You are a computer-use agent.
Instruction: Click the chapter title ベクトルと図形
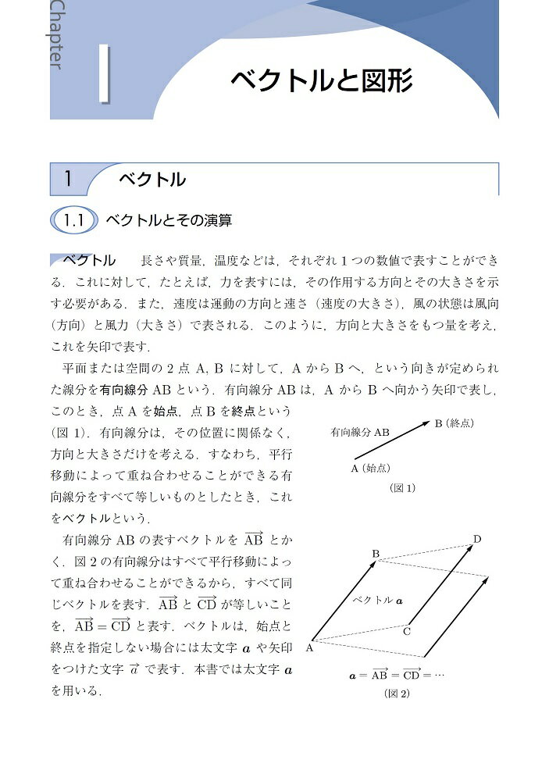(320, 80)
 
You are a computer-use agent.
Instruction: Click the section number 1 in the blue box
(69, 179)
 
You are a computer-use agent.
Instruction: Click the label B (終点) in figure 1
(455, 423)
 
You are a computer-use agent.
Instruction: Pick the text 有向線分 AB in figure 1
(360, 431)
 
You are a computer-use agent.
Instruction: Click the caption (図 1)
(403, 488)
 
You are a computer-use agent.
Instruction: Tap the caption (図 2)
(396, 694)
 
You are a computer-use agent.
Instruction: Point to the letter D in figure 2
(477, 539)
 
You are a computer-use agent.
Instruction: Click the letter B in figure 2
(376, 555)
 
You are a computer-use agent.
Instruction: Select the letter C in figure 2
(407, 631)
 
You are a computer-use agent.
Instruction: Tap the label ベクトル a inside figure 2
(376, 601)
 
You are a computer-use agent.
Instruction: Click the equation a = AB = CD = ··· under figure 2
(396, 674)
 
